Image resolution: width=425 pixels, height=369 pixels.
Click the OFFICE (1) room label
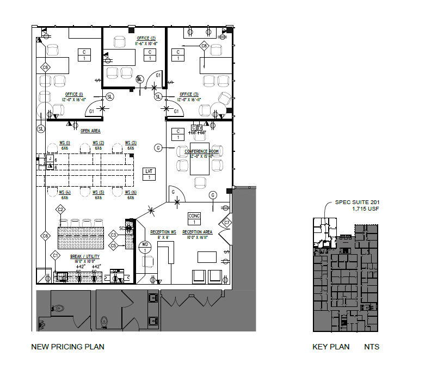(x=73, y=94)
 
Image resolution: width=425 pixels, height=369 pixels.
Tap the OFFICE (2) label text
(x=146, y=38)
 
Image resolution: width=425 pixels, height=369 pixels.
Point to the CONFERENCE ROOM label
(x=201, y=151)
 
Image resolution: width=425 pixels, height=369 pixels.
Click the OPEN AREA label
(x=90, y=131)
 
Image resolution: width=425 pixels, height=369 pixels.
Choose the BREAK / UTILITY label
(x=85, y=256)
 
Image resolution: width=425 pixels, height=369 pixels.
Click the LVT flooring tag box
(x=149, y=174)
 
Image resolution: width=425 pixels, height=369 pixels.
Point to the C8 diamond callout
(x=204, y=46)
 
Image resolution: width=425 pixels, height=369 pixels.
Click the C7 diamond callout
(x=227, y=223)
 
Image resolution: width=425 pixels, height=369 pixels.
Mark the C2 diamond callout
(x=61, y=210)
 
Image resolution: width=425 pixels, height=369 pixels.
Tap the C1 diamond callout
(x=55, y=255)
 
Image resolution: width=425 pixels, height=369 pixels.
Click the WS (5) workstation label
(x=98, y=192)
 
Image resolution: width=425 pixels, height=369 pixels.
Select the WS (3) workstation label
(x=131, y=143)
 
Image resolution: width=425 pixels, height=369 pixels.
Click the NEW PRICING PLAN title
(x=67, y=347)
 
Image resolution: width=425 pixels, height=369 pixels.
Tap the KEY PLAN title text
(x=331, y=347)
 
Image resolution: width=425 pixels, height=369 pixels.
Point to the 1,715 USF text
(x=366, y=209)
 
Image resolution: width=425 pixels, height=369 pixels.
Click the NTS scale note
(x=372, y=347)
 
